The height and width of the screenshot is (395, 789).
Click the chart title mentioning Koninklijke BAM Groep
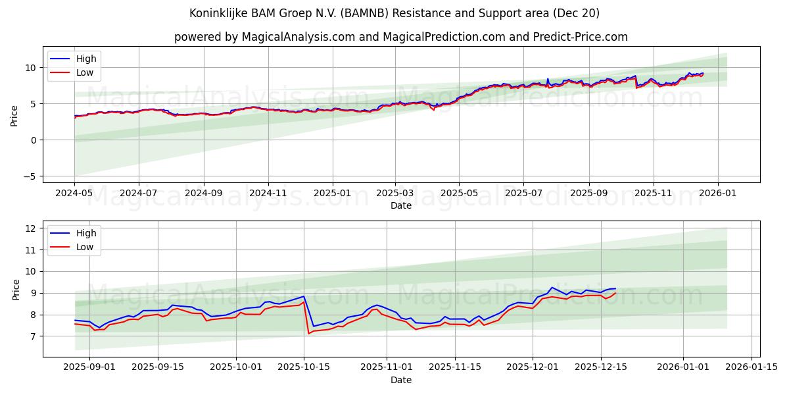coord(394,13)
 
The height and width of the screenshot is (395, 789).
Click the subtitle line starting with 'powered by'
coord(401,37)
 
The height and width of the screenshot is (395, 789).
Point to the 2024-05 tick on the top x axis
coord(74,193)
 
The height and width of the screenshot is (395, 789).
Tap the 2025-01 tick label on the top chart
coord(331,193)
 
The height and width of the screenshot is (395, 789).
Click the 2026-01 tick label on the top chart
coord(717,193)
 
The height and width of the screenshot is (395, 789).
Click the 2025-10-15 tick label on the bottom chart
coord(304,367)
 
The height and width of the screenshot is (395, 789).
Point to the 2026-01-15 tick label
coord(752,367)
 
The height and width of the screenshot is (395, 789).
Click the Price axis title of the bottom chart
coord(16,289)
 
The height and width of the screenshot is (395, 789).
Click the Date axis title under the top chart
coord(400,205)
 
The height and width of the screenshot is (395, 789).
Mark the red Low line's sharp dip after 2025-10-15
coord(308,333)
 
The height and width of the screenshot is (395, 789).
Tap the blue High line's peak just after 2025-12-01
coord(552,287)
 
